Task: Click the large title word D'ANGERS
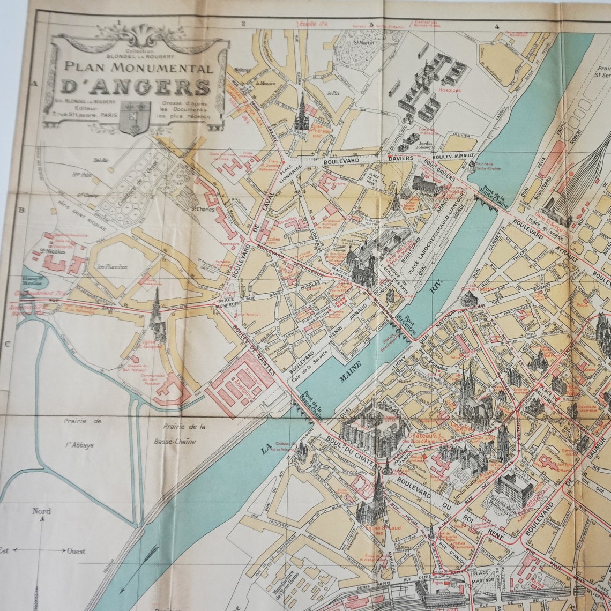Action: [x=135, y=86]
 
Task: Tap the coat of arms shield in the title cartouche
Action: [x=134, y=117]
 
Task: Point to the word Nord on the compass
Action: [x=41, y=511]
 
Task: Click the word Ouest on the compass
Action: [x=76, y=550]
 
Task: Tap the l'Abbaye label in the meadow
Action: [x=79, y=445]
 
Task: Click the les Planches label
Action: [x=112, y=266]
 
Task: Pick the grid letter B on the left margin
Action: [x=21, y=210]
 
